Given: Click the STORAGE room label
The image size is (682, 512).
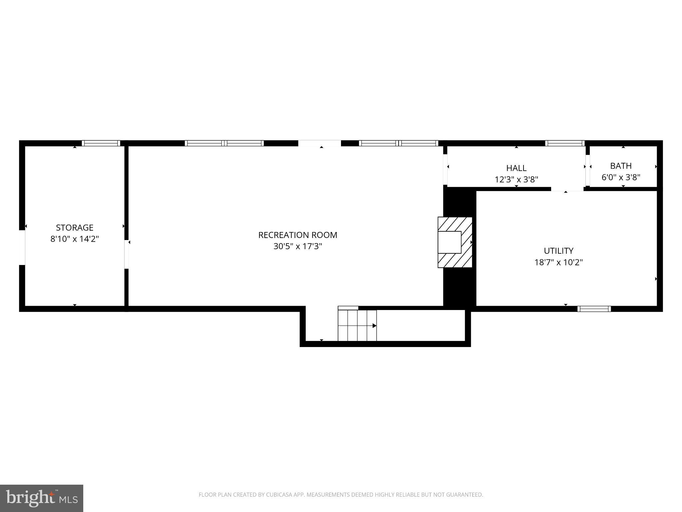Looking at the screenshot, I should pyautogui.click(x=75, y=228).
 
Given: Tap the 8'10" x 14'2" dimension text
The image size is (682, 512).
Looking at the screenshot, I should pyautogui.click(x=75, y=239).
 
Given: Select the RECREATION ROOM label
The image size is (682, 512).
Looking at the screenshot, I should pyautogui.click(x=298, y=235).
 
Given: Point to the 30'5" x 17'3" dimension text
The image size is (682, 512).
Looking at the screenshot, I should pyautogui.click(x=298, y=246).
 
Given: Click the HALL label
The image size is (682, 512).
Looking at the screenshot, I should pyautogui.click(x=516, y=168).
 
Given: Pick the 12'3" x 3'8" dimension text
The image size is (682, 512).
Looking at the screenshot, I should pyautogui.click(x=516, y=180).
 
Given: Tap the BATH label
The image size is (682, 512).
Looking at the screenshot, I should pyautogui.click(x=621, y=166).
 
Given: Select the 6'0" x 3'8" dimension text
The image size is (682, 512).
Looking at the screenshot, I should pyautogui.click(x=621, y=177).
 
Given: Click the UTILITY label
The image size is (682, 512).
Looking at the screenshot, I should pyautogui.click(x=558, y=251).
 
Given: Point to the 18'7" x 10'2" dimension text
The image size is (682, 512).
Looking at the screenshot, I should pyautogui.click(x=558, y=262).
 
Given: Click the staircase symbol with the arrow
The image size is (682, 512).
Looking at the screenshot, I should pyautogui.click(x=357, y=325).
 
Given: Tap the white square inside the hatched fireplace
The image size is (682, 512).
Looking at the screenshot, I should pyautogui.click(x=449, y=242).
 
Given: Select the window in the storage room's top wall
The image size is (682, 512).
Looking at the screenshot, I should pyautogui.click(x=101, y=143).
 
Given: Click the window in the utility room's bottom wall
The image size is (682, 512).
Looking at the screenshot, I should pyautogui.click(x=594, y=309).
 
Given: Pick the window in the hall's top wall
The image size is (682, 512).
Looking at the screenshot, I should pyautogui.click(x=565, y=143).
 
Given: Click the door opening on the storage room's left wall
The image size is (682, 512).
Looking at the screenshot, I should pyautogui.click(x=22, y=247).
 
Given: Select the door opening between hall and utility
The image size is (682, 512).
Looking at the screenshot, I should pyautogui.click(x=567, y=189).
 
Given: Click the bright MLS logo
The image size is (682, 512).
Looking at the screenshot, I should pyautogui.click(x=42, y=498).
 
